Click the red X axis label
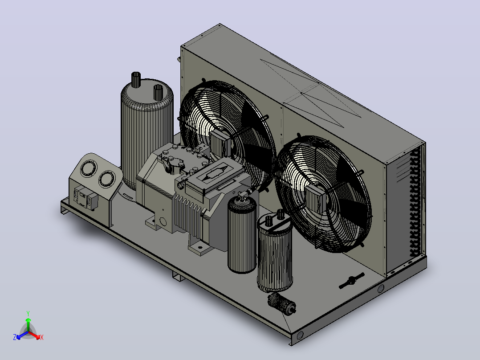[x=42, y=337]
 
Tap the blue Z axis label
[x=15, y=337]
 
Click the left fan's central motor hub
[x=220, y=143]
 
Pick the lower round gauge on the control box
[x=107, y=179]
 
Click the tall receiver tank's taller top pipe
[x=136, y=79]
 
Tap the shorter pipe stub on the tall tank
[x=158, y=92]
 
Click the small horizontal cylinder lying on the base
[x=281, y=303]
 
